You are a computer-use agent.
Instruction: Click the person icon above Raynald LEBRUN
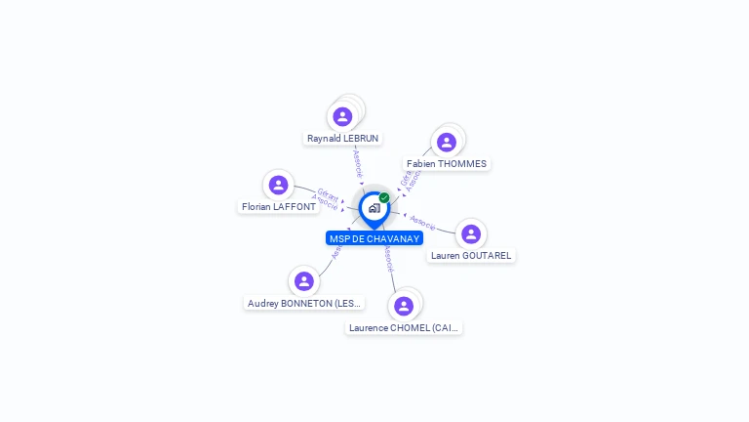pos(342,116)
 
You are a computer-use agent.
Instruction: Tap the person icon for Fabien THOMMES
pos(447,143)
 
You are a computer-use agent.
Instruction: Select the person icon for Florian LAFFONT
pos(279,185)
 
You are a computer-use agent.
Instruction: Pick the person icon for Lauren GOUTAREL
pos(471,234)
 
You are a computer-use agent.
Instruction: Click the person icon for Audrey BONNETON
pos(304,281)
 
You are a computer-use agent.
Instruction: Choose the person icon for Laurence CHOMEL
pos(404,306)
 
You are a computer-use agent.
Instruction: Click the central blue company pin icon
pos(374,208)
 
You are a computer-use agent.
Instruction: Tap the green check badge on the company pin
pos(384,197)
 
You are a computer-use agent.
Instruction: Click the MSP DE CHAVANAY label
pos(374,238)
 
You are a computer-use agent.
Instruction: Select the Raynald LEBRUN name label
pos(343,139)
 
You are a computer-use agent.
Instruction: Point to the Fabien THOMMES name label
pos(447,164)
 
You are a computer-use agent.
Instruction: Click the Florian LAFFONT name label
pos(279,207)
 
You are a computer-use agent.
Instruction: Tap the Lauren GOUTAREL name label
pos(471,256)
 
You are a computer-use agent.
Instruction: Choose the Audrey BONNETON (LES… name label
pos(304,304)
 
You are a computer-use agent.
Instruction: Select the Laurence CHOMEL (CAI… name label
pos(404,328)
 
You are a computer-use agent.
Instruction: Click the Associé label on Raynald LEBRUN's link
pos(358,162)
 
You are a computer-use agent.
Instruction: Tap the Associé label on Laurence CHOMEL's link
pos(388,258)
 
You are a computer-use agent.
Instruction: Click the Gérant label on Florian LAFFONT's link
pos(328,194)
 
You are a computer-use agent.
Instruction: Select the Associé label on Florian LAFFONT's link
pos(325,204)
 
